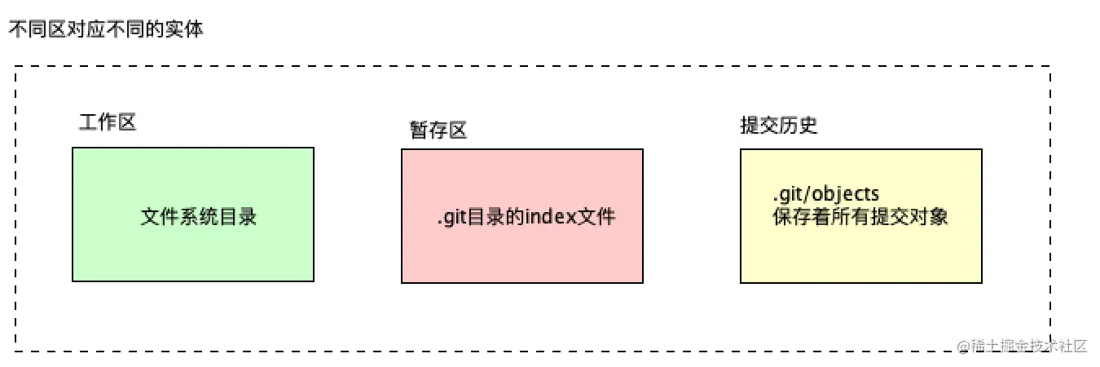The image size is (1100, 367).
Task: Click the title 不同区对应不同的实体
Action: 106,30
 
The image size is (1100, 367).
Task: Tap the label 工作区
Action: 107,122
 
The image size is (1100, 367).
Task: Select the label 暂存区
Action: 438,130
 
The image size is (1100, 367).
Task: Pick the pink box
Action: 521,253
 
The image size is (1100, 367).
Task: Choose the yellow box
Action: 860,253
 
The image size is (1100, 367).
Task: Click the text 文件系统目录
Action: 199,217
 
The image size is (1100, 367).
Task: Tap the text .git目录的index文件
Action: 526,218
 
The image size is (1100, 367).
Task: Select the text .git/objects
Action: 825,195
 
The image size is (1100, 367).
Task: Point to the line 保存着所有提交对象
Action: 860,218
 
